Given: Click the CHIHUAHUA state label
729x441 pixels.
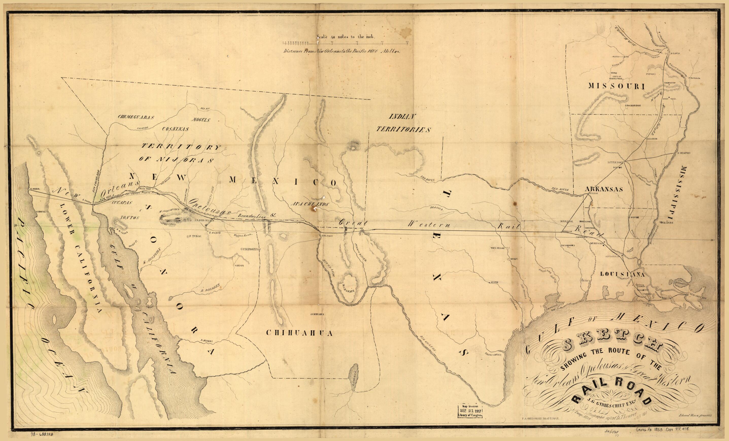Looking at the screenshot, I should [x=299, y=333].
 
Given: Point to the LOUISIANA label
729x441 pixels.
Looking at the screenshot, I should [x=622, y=274].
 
